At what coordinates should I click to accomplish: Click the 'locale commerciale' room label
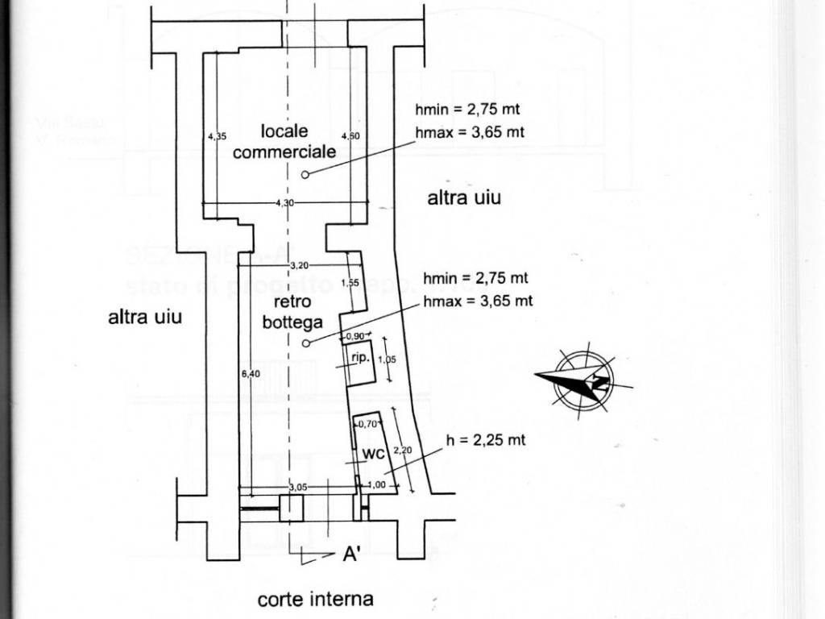click(x=284, y=141)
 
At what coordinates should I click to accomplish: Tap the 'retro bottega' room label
click(x=292, y=312)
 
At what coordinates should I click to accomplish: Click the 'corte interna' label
click(x=315, y=599)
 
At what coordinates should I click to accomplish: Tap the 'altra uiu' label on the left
click(x=145, y=317)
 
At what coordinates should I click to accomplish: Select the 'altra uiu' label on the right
click(x=464, y=197)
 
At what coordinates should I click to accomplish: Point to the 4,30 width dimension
click(x=284, y=203)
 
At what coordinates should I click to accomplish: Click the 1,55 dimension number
click(x=350, y=283)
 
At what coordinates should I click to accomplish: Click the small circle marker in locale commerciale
click(x=305, y=175)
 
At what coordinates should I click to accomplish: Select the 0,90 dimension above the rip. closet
click(x=354, y=336)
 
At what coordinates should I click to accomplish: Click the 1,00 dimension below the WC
click(x=376, y=484)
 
